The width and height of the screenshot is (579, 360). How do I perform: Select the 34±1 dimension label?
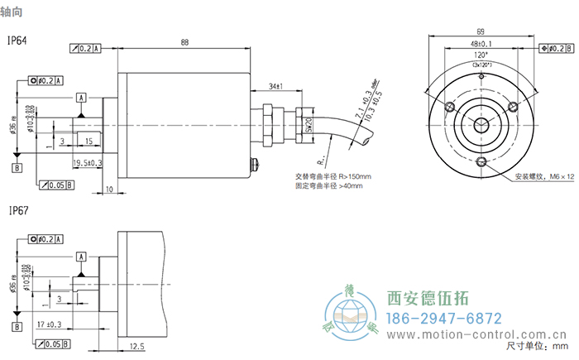(276, 86)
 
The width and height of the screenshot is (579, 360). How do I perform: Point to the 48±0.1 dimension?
(481, 44)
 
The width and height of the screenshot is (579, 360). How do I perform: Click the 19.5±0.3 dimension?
(88, 162)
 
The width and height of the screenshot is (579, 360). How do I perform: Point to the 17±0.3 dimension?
(50, 324)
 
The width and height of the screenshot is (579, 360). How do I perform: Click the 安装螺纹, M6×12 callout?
(543, 176)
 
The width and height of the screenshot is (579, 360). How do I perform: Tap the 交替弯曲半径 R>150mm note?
(333, 175)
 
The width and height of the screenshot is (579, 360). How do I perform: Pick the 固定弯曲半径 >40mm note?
(329, 185)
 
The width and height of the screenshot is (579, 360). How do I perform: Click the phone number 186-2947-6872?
(444, 319)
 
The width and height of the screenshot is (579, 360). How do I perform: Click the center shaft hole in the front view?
(481, 125)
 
